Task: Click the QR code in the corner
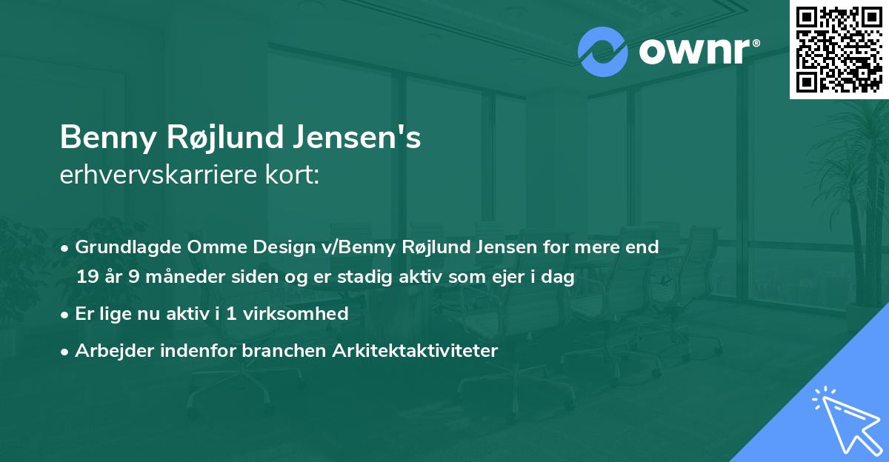tap(838, 49)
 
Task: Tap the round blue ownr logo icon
tap(603, 52)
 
